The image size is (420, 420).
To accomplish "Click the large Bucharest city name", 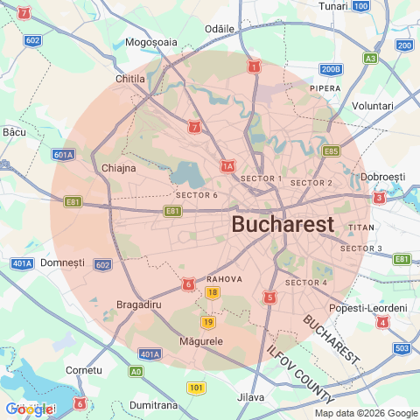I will click(x=283, y=224).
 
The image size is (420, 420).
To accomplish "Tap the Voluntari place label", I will click(x=372, y=105).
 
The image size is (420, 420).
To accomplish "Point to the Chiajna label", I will click(x=119, y=167).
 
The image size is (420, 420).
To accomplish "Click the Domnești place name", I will click(x=62, y=262).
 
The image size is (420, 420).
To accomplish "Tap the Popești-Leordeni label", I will click(x=368, y=308).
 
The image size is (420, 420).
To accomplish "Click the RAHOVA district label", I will click(x=224, y=279).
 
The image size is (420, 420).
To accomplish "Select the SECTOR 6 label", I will click(x=197, y=194).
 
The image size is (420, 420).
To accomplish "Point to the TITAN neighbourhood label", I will click(x=361, y=227).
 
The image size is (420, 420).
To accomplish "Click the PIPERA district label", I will click(x=325, y=88).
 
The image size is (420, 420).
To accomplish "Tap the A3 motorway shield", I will click(x=371, y=59).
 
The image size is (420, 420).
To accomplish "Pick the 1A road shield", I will click(x=227, y=165).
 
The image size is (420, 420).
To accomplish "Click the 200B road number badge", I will click(x=332, y=69).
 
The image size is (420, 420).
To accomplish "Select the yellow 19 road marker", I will click(x=207, y=322).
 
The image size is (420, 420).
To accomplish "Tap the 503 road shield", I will click(x=402, y=349).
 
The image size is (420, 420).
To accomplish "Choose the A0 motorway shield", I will click(x=136, y=371).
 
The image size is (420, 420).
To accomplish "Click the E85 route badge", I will click(x=331, y=151).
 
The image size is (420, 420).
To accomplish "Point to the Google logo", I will click(x=29, y=408).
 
